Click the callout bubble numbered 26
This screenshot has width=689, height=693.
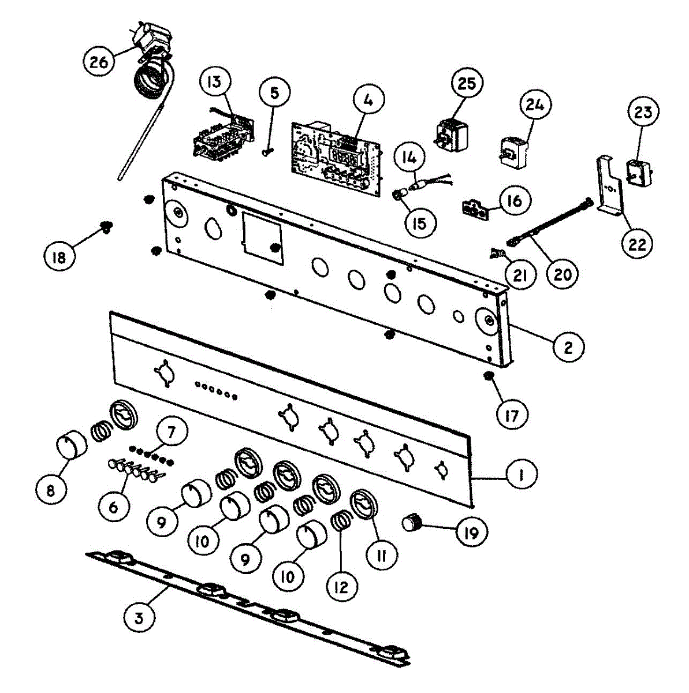pyautogui.click(x=99, y=61)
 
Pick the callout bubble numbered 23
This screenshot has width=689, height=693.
pyautogui.click(x=642, y=111)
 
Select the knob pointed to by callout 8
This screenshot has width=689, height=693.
pyautogui.click(x=71, y=446)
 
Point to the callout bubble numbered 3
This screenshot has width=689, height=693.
pyautogui.click(x=139, y=619)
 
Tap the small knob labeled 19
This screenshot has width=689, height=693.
pyautogui.click(x=411, y=523)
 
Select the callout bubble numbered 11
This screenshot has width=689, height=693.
pyautogui.click(x=382, y=555)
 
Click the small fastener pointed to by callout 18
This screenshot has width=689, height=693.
pyautogui.click(x=105, y=226)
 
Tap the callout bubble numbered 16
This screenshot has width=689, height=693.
pyautogui.click(x=515, y=200)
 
